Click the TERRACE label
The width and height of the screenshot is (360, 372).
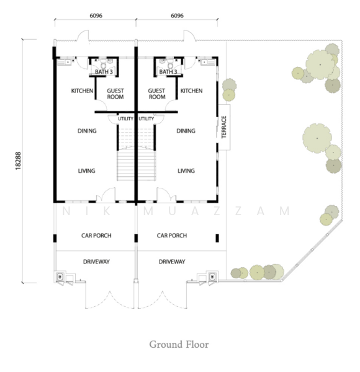(224, 127)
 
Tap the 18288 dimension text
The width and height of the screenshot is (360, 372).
(18, 161)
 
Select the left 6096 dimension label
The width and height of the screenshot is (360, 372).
(96, 15)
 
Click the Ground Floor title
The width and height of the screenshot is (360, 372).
(179, 345)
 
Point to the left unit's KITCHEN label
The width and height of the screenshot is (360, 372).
(82, 91)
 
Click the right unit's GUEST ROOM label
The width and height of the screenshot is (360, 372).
(157, 94)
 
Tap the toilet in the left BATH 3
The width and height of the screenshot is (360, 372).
(104, 64)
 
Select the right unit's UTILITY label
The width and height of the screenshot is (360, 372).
(146, 118)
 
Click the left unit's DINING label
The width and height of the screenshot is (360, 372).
(87, 131)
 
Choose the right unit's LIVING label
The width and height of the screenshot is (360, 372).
(186, 171)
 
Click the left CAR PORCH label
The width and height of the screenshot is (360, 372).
(96, 236)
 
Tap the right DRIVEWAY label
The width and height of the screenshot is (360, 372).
(172, 262)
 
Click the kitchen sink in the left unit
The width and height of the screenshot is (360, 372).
(65, 62)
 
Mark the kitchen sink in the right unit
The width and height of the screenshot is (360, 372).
(208, 62)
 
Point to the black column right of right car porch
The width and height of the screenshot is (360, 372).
(217, 238)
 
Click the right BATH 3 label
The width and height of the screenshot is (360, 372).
(168, 72)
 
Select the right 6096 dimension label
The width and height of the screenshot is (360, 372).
(177, 15)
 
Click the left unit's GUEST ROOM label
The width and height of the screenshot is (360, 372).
(115, 94)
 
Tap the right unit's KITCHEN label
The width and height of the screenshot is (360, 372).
(191, 91)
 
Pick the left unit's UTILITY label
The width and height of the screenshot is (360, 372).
(125, 118)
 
